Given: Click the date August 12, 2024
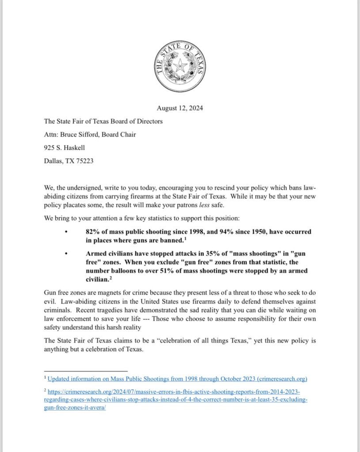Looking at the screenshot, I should tap(180, 108).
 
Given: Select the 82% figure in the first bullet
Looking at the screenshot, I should tap(93, 232).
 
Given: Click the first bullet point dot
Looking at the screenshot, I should tap(66, 232).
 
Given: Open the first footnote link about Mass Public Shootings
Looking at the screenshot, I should tap(177, 379).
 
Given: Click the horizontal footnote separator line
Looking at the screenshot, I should tap(86, 371).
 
